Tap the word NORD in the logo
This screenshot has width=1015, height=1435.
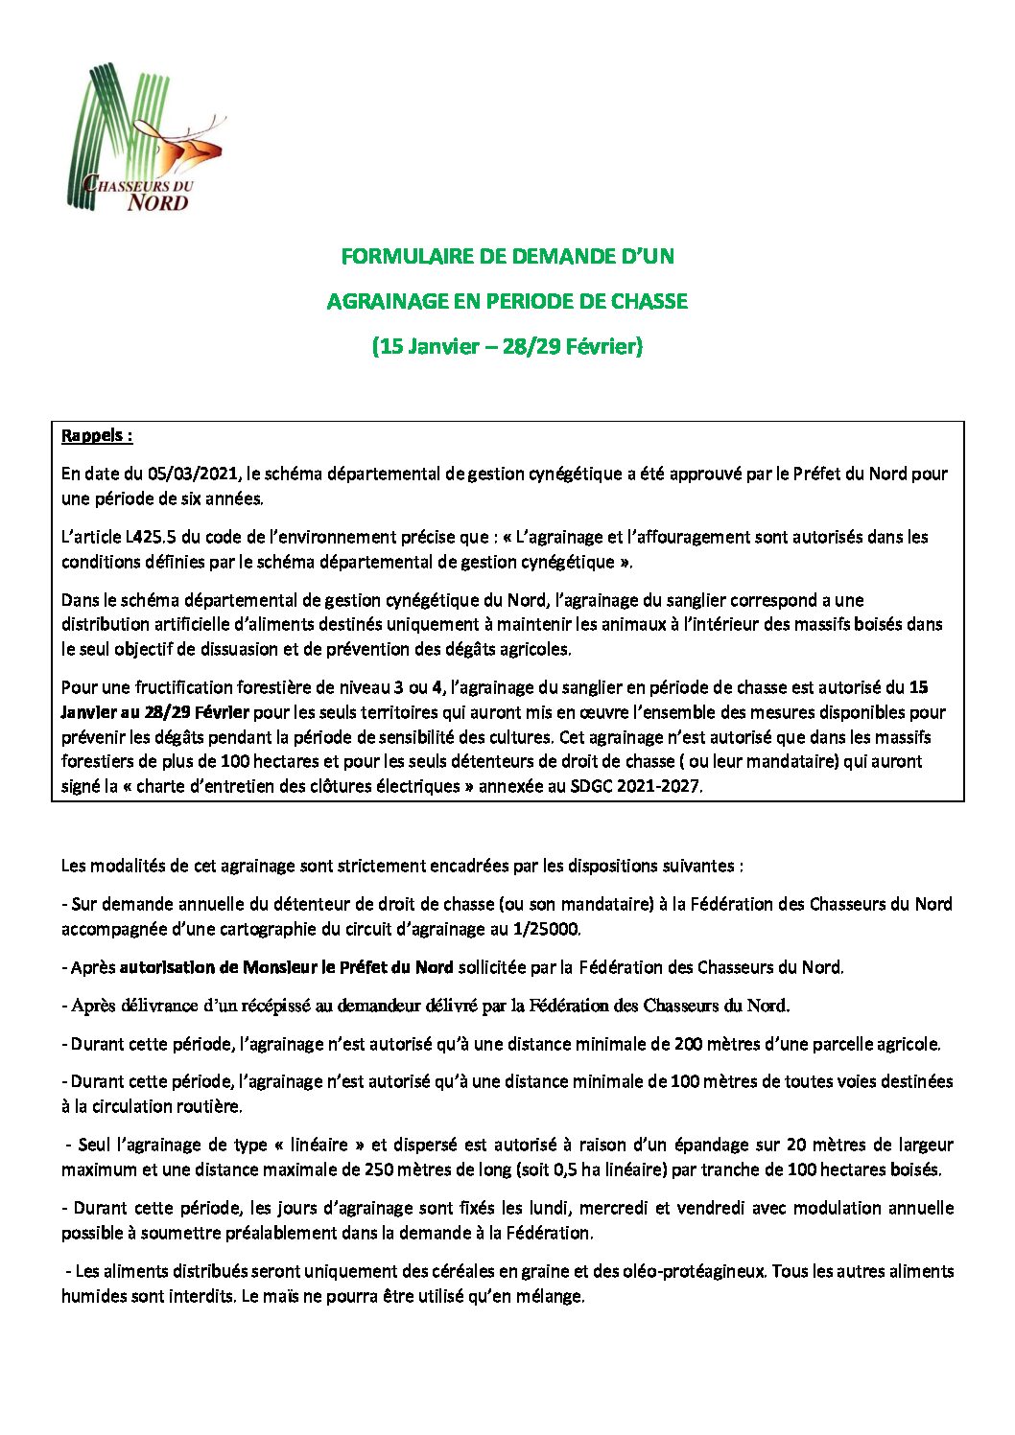[158, 202]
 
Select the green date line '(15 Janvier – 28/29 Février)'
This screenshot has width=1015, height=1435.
[507, 346]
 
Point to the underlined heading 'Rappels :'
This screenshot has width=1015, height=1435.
[96, 436]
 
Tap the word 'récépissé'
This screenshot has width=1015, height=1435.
[284, 1006]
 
